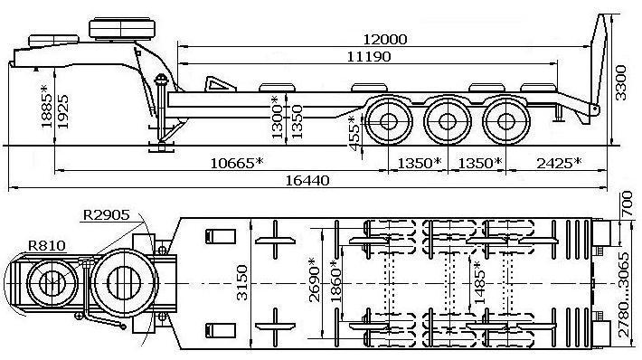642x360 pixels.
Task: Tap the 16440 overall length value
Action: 307,181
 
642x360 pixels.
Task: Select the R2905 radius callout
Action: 106,215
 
